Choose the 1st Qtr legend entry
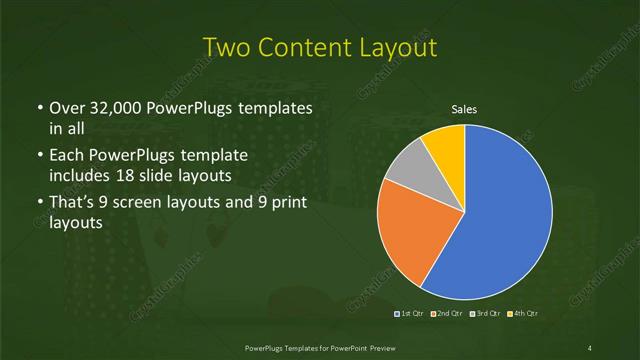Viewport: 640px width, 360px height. click(x=410, y=314)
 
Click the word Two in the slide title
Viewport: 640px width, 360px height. click(x=226, y=47)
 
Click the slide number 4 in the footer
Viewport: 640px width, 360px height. click(x=591, y=347)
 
